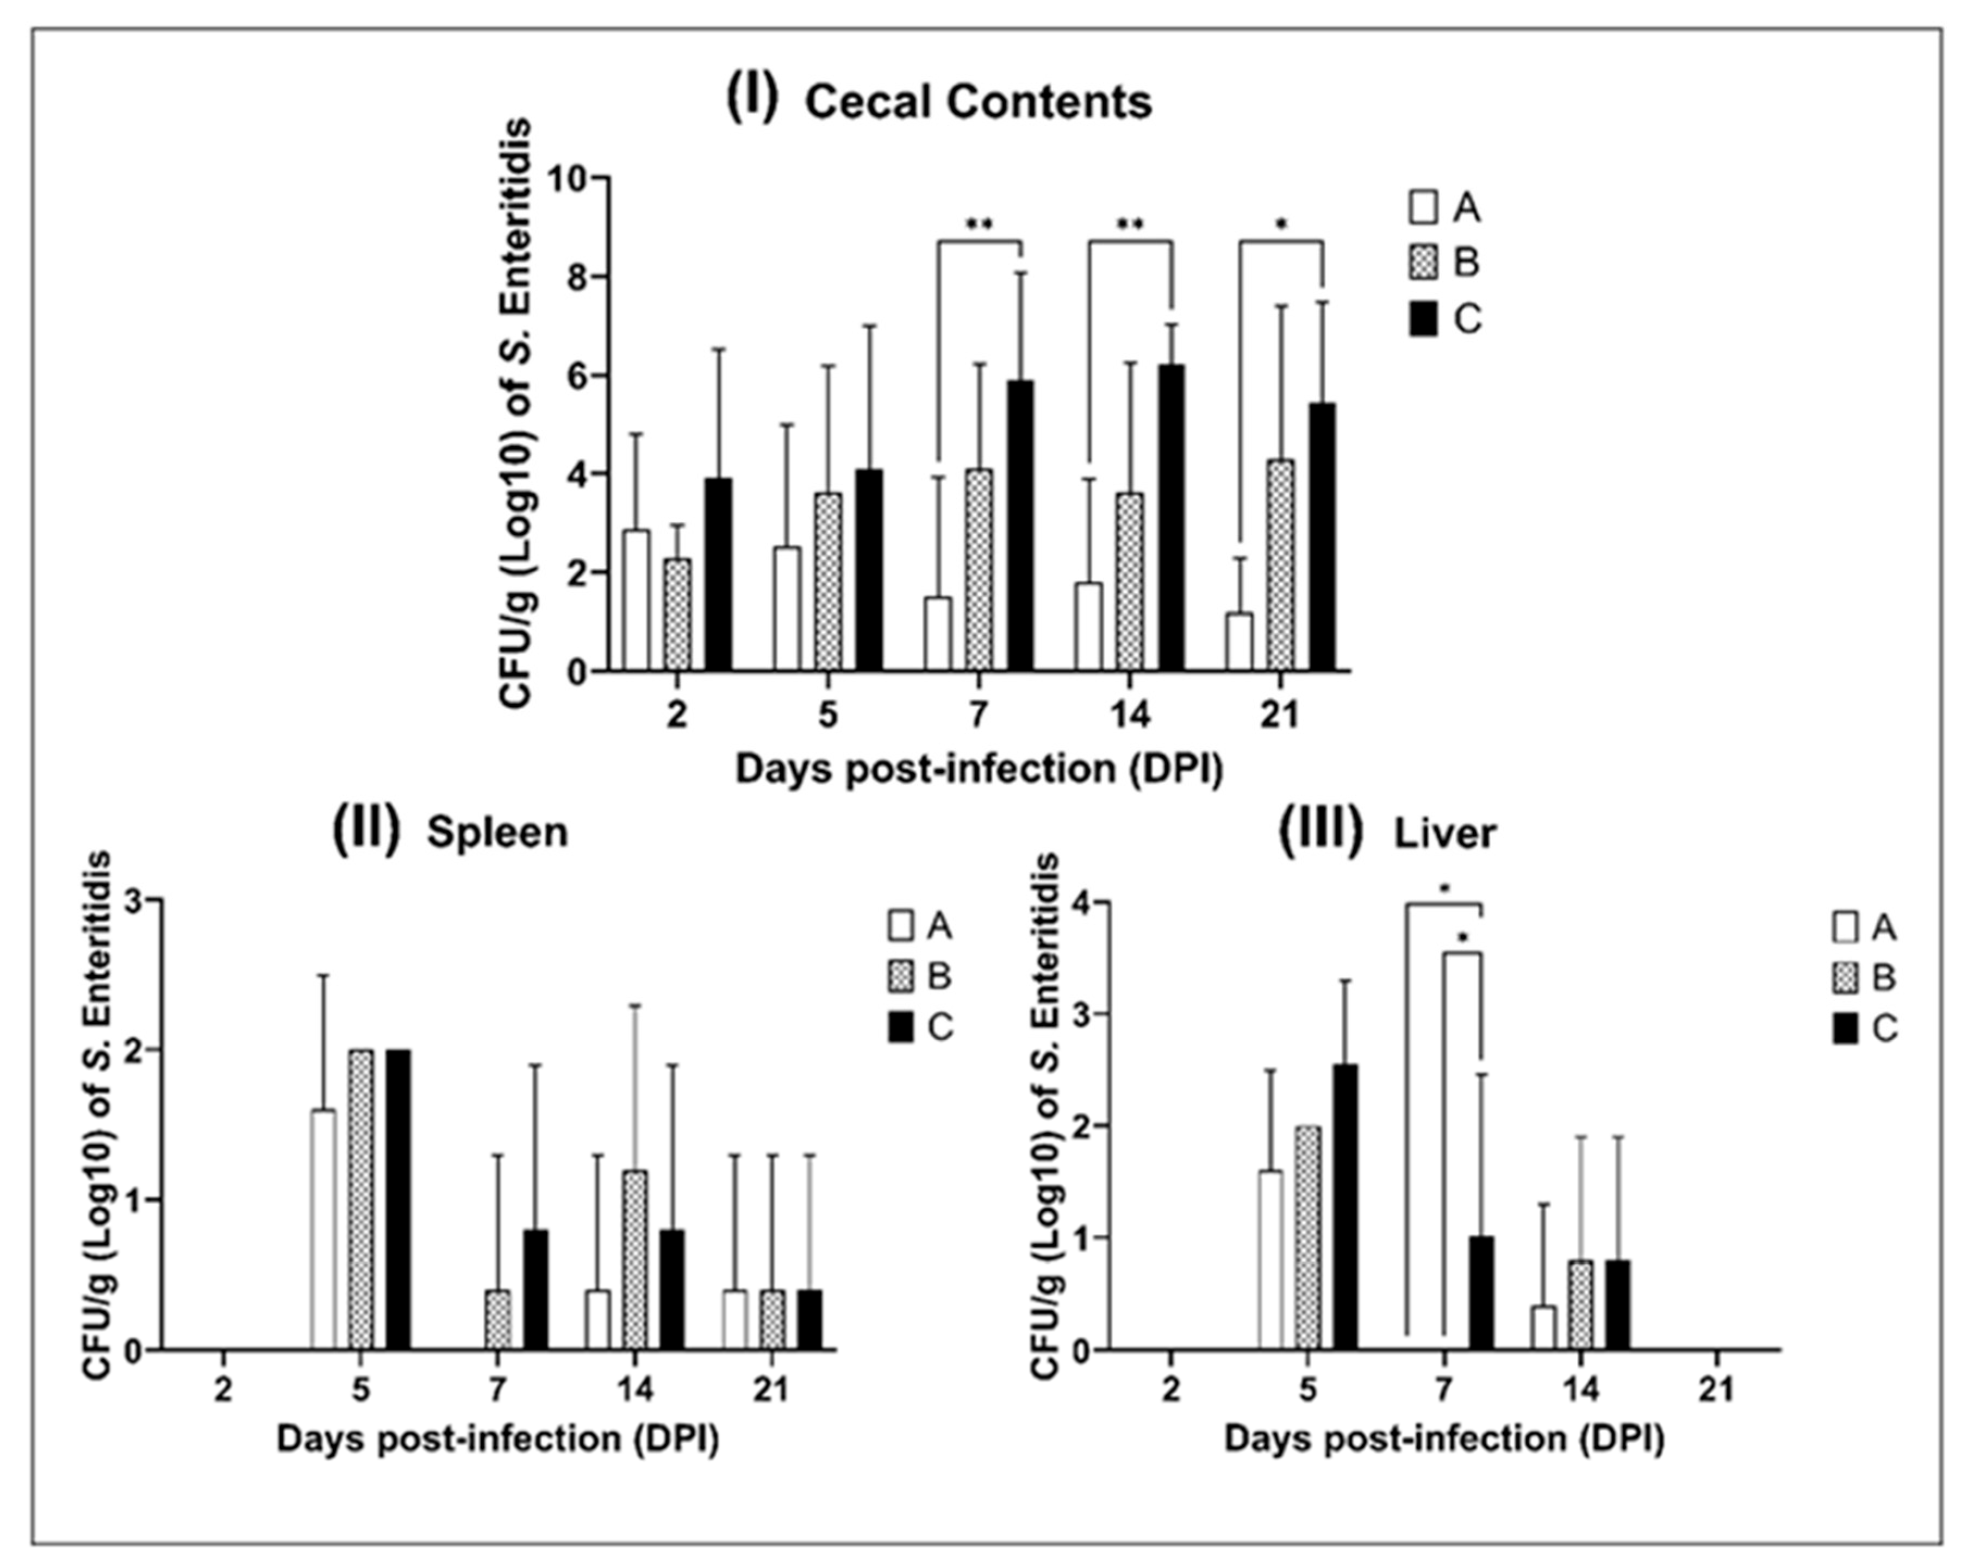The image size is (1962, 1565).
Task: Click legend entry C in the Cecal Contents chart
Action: coord(1447,320)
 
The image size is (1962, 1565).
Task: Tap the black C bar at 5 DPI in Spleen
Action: coord(398,1199)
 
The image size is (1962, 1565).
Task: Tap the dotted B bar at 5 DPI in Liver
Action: coord(1309,1237)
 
